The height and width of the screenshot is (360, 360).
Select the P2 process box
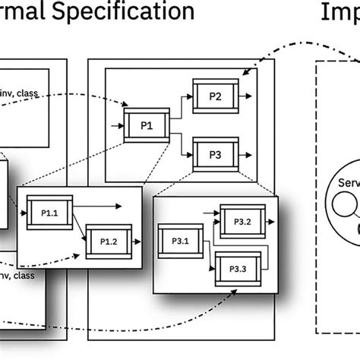point(215,96)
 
